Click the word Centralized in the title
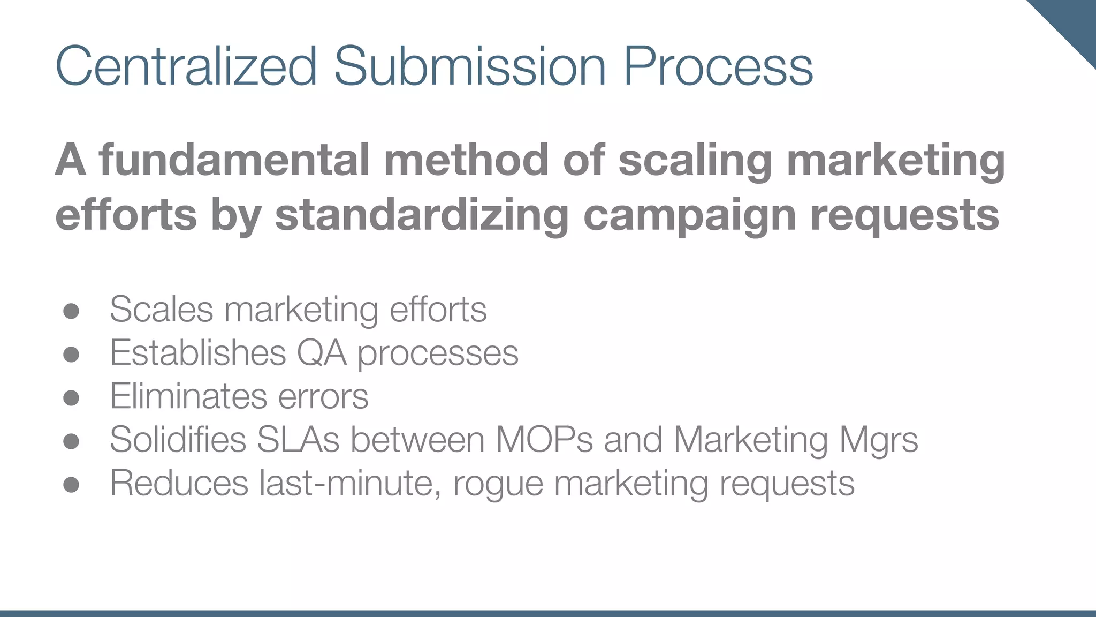click(x=186, y=66)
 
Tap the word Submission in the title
click(x=469, y=66)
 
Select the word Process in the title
click(x=718, y=66)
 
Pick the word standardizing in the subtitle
click(x=421, y=215)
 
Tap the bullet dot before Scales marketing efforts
click(x=71, y=311)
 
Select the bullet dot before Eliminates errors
click(x=71, y=398)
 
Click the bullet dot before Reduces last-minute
click(x=71, y=485)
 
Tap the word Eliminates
click(x=188, y=396)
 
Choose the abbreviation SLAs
click(x=298, y=440)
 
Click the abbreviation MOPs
click(x=544, y=440)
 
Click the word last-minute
click(x=351, y=483)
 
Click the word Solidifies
click(x=178, y=440)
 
